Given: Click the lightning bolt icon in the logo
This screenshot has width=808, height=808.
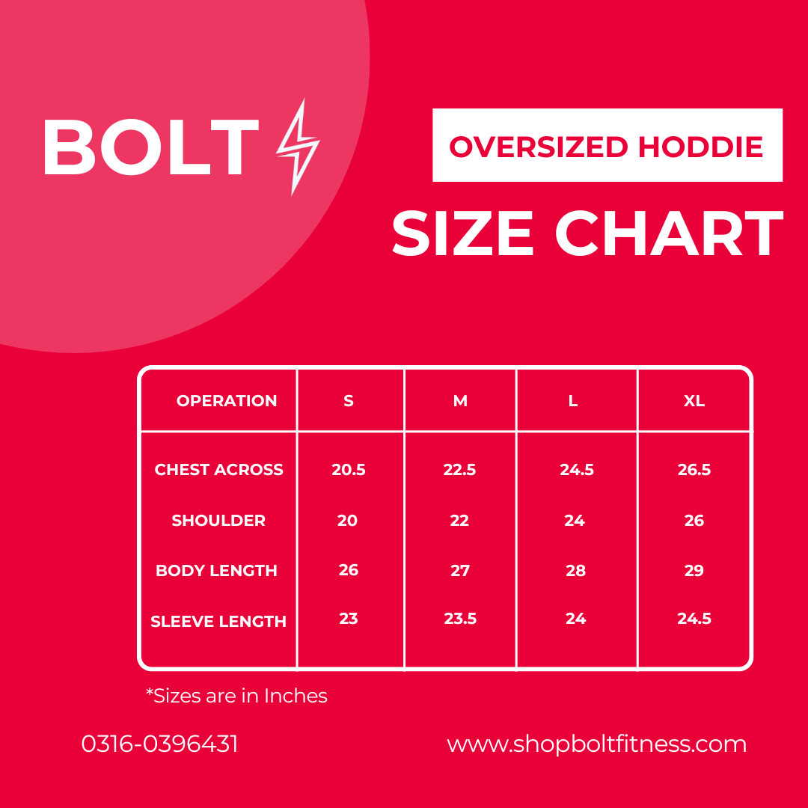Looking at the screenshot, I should tap(298, 147).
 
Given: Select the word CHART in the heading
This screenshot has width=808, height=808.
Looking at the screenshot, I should tap(668, 234).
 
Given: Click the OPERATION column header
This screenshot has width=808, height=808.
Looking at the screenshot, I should tap(227, 401).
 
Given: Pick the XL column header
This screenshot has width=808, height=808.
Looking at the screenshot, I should tap(694, 401).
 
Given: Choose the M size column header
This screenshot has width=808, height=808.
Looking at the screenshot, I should tap(460, 401).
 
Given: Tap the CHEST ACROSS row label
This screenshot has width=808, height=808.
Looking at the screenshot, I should tap(219, 470).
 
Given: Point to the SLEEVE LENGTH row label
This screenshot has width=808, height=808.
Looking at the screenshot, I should tap(218, 621).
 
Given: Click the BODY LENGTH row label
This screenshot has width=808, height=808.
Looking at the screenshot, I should tap(216, 571).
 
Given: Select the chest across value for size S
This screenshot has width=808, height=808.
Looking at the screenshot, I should tap(349, 470).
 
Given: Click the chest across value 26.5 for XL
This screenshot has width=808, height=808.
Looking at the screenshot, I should tap(694, 470).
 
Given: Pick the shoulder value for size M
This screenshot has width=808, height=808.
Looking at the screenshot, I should tap(459, 521).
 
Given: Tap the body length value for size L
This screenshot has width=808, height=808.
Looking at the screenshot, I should tap(575, 571).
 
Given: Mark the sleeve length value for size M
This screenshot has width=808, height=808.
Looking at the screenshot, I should tap(460, 619).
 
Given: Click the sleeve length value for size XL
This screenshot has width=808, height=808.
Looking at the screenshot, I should tap(694, 619).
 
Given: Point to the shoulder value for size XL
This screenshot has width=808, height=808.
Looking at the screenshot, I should tap(694, 521).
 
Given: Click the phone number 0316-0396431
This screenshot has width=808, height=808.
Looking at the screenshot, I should tap(159, 744).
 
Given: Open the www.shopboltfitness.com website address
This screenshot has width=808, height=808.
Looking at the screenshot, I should tap(596, 744).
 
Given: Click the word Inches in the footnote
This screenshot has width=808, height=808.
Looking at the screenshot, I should tap(296, 696).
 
